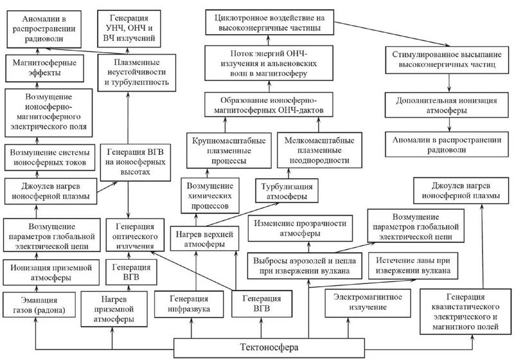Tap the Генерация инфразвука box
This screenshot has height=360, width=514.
(182, 305)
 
